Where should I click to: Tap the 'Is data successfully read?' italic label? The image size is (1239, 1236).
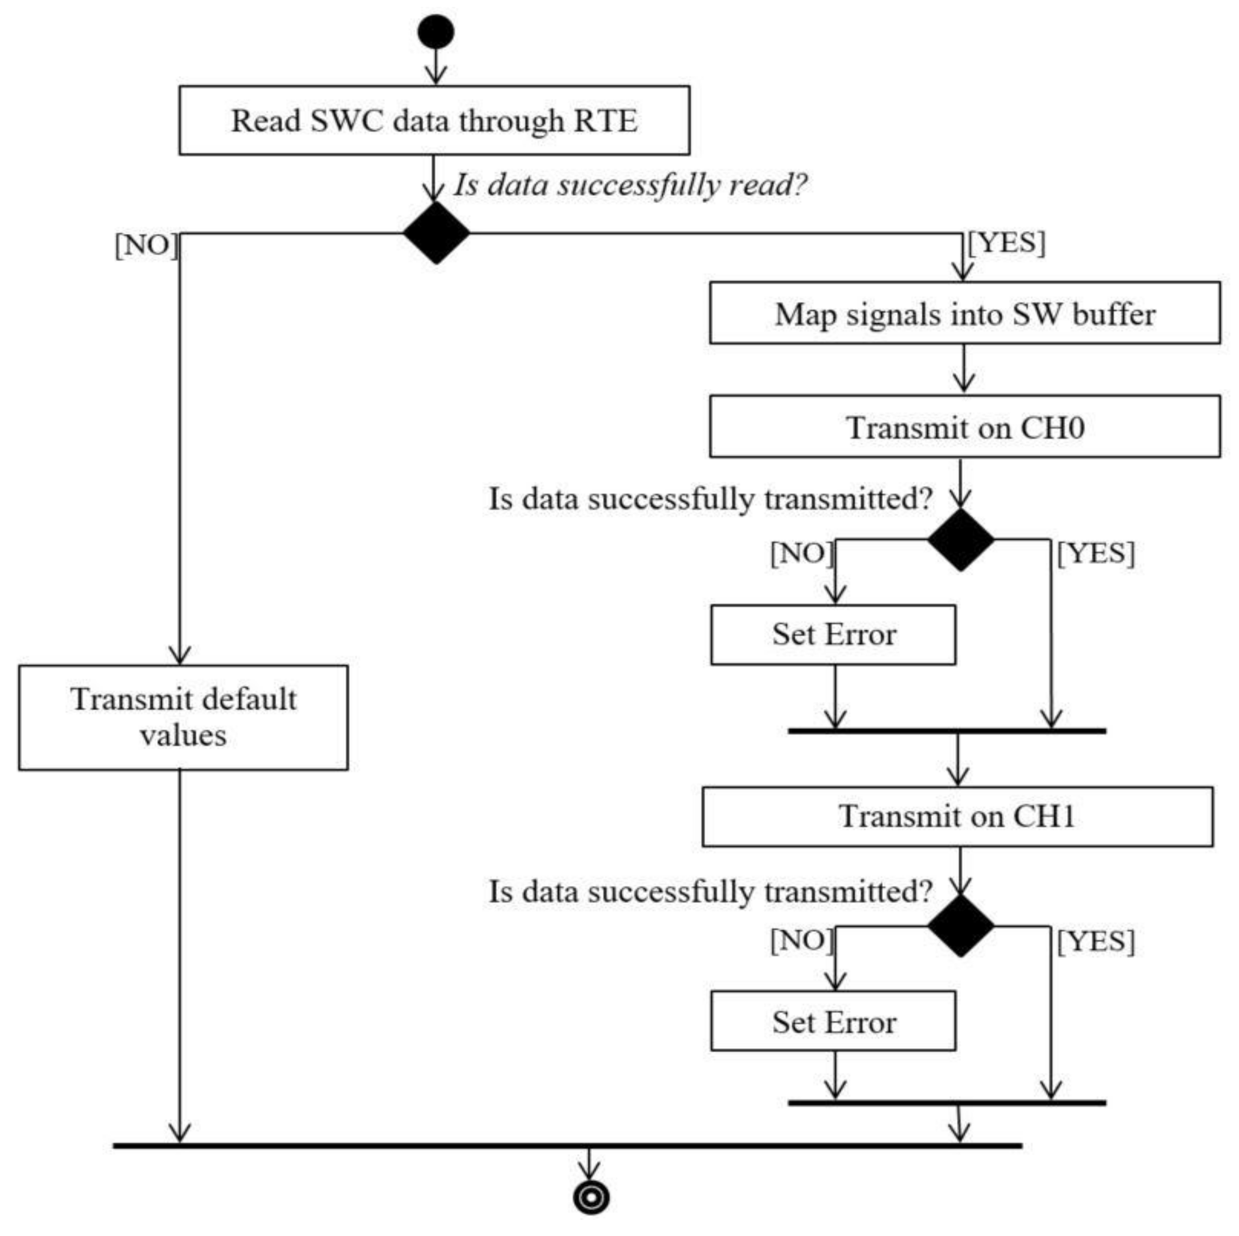[x=630, y=186]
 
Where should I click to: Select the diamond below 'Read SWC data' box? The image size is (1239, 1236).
[x=436, y=233]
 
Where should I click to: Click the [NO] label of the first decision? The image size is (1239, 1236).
[x=146, y=245]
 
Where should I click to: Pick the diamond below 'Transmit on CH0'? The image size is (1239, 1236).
[x=960, y=539]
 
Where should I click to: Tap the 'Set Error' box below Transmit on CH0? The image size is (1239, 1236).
[x=833, y=634]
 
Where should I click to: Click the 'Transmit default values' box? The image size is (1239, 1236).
[x=183, y=717]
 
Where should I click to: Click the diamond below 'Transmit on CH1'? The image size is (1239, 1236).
[x=960, y=925]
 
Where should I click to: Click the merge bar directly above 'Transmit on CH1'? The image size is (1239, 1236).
[x=947, y=730]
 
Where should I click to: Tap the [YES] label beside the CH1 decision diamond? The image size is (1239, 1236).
[x=1095, y=941]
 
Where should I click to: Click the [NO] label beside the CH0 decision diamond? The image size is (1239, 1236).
[x=802, y=553]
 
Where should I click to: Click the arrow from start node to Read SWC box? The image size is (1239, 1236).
[x=436, y=67]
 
